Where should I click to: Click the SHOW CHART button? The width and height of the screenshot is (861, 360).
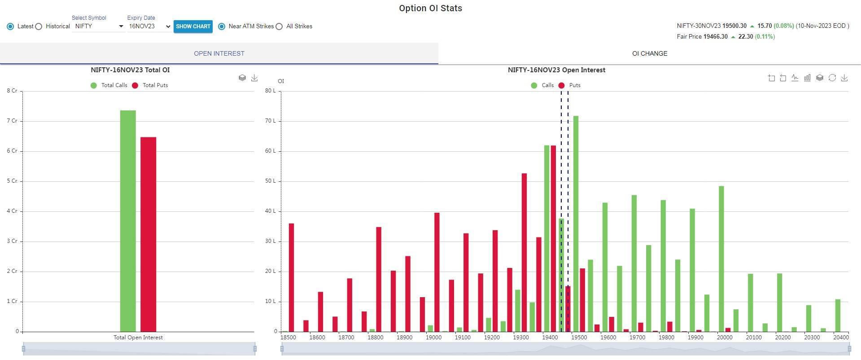[193, 26]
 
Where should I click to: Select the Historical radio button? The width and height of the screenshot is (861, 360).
[39, 26]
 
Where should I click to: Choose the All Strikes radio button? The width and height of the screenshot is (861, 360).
[279, 26]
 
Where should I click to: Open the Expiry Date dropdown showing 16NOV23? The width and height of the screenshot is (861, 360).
[149, 26]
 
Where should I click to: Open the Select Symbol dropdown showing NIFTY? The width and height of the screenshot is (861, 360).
[99, 26]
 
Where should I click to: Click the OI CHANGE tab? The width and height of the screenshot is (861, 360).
[649, 53]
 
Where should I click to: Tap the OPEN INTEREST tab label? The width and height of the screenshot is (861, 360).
[219, 53]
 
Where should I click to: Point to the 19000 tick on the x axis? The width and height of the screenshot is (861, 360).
[433, 338]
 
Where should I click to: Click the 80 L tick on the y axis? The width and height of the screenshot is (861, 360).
[271, 91]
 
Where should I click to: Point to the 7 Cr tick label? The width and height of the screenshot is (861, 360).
[12, 121]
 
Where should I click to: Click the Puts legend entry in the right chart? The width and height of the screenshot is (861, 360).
[569, 85]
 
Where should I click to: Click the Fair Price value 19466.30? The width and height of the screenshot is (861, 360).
[715, 37]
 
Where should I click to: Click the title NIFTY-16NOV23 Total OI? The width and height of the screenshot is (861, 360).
[130, 70]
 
